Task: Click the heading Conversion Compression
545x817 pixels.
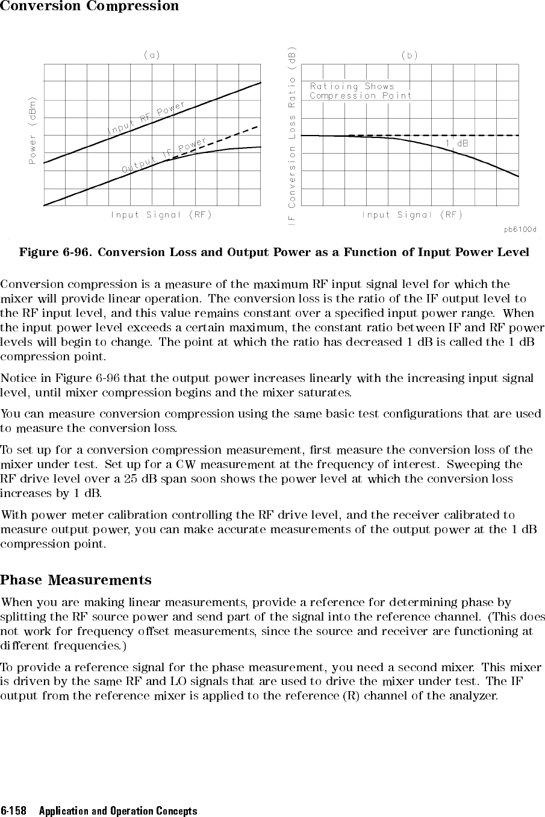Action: [89, 7]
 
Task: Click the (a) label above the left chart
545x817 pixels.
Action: [152, 55]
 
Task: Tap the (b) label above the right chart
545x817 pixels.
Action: [410, 55]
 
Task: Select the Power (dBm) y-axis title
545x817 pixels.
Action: [32, 130]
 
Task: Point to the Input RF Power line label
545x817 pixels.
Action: [146, 119]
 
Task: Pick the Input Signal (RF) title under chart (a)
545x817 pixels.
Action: [161, 214]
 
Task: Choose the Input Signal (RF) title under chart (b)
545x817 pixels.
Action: [412, 214]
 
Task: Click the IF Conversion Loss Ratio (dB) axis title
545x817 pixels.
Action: [292, 136]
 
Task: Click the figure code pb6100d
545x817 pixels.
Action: [520, 230]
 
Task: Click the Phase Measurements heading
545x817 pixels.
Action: [76, 580]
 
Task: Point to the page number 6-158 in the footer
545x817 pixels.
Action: [14, 811]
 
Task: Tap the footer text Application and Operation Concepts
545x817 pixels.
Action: [118, 811]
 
